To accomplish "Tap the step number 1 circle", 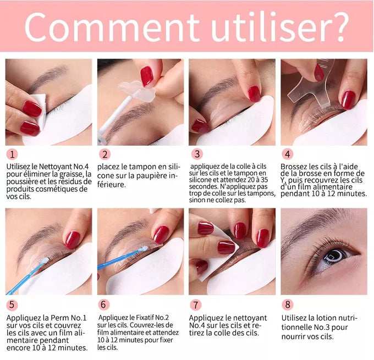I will [x=13, y=154].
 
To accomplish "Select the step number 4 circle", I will [x=287, y=154].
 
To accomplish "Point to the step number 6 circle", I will [x=104, y=304].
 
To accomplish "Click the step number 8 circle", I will [x=287, y=304].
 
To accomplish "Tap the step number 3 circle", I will [x=195, y=154].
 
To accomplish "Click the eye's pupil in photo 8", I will [x=334, y=255].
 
